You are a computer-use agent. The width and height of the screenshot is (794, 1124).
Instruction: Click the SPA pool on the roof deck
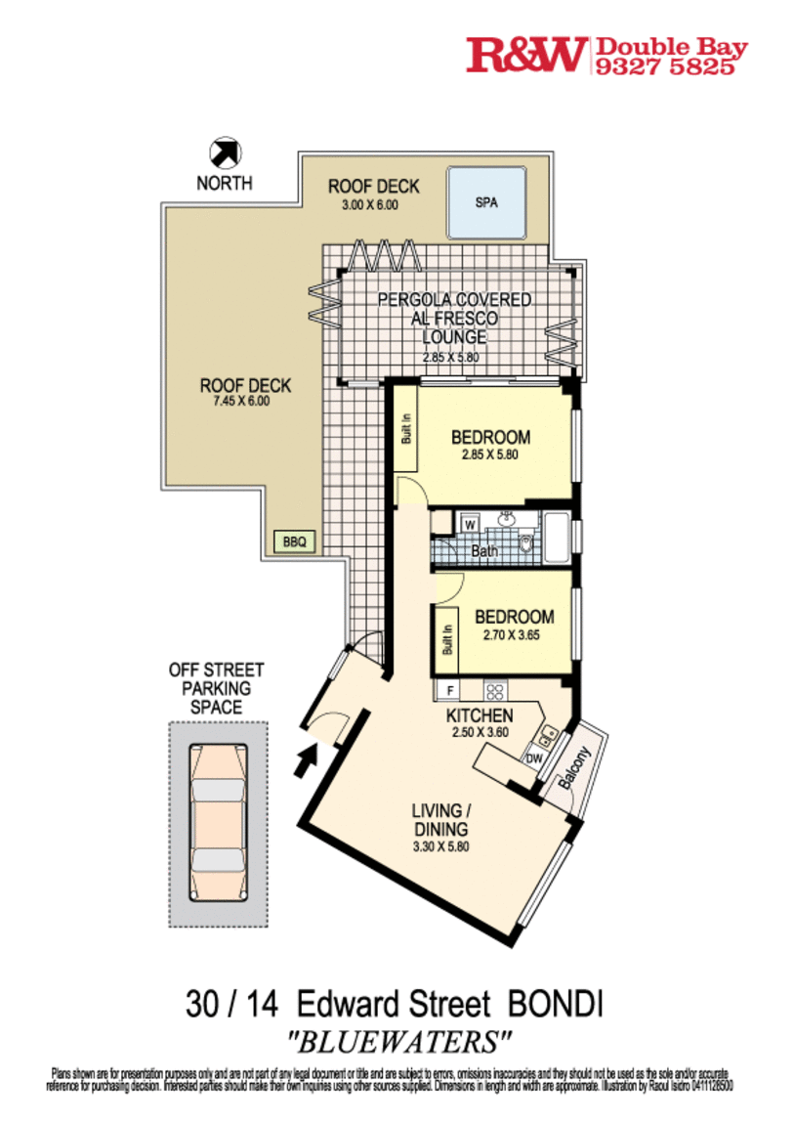486,202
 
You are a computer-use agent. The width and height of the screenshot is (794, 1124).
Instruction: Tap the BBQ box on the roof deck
294,540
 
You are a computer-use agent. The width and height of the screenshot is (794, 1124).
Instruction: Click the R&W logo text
527,55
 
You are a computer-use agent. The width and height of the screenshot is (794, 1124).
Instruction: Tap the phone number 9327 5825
671,65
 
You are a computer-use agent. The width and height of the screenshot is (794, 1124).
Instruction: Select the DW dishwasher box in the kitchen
534,757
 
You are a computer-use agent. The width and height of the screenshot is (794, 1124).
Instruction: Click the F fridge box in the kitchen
449,690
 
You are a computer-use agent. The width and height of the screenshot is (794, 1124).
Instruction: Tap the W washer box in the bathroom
470,525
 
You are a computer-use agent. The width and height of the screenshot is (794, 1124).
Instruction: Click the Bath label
485,551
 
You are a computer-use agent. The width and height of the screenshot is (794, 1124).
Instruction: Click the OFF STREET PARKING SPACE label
217,688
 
